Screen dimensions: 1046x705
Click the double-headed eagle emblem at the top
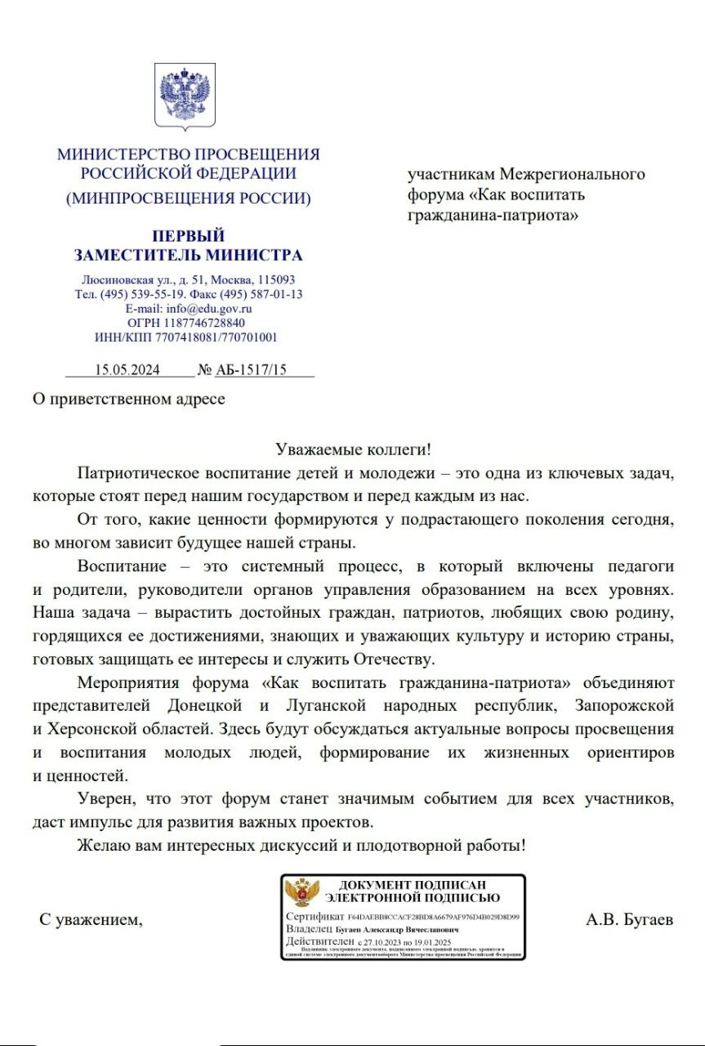click(185, 96)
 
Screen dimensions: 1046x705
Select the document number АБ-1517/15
click(252, 369)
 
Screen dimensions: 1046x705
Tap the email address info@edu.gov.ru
click(208, 309)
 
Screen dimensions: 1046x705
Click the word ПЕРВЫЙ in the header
click(188, 237)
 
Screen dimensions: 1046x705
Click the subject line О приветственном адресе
click(128, 400)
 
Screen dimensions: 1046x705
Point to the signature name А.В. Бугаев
click(629, 920)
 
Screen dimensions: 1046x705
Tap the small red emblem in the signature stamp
click(306, 893)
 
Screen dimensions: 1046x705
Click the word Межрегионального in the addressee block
click(573, 174)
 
